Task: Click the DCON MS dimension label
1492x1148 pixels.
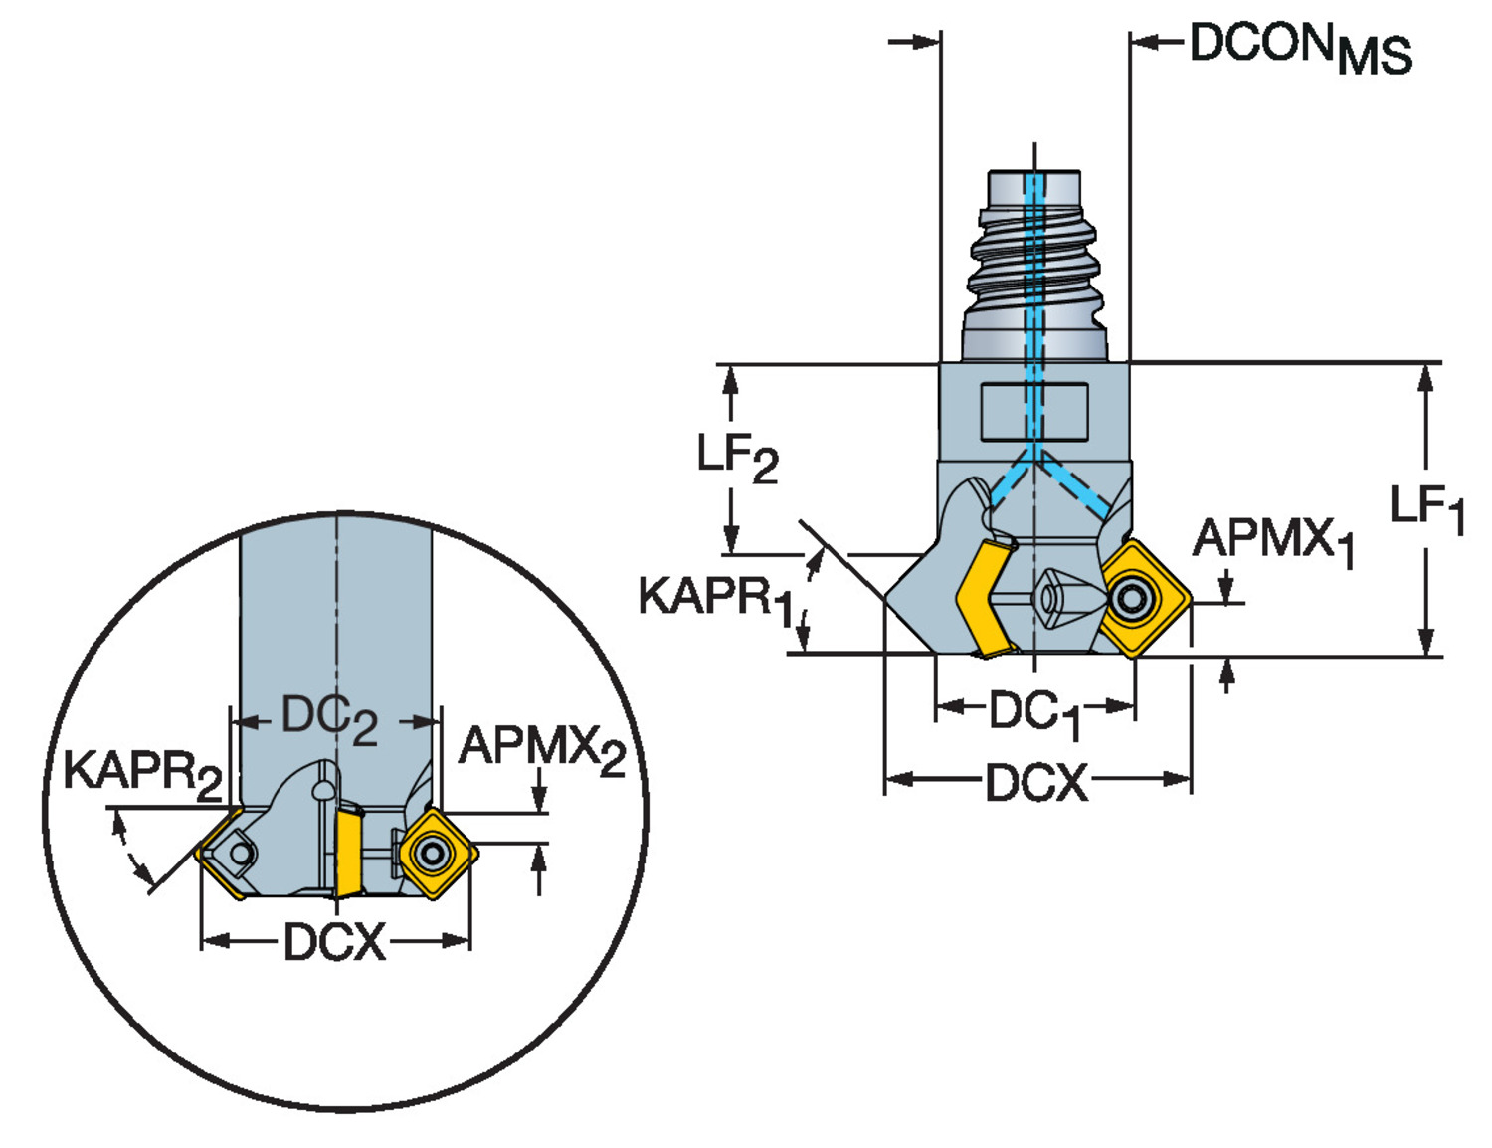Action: pyautogui.click(x=1300, y=48)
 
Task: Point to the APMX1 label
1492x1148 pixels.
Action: pyautogui.click(x=1274, y=543)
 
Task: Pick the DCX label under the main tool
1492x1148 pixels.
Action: pyautogui.click(x=1036, y=782)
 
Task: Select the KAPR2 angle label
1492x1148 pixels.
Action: pyautogui.click(x=143, y=776)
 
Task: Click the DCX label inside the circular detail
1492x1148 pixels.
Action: pyautogui.click(x=334, y=942)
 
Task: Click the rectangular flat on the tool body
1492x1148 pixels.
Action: pyautogui.click(x=1034, y=412)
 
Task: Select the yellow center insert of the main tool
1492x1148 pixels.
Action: pyautogui.click(x=985, y=597)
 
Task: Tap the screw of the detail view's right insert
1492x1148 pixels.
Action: pyautogui.click(x=432, y=854)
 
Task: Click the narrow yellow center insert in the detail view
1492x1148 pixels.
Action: pyautogui.click(x=349, y=850)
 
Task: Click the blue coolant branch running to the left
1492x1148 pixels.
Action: pyautogui.click(x=1011, y=483)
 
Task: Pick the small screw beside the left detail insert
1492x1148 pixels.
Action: pyautogui.click(x=240, y=853)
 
